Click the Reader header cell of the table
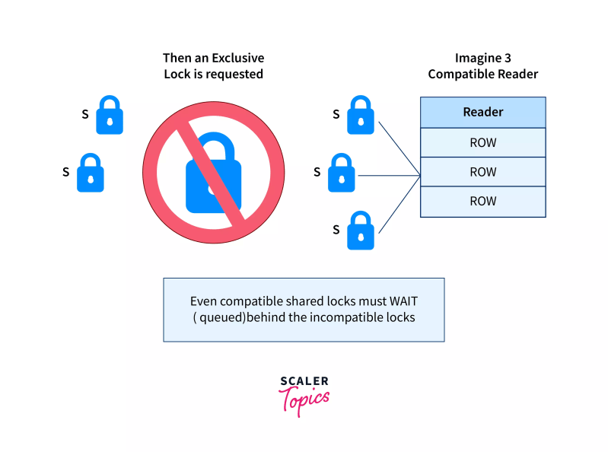(x=482, y=112)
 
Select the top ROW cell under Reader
(x=482, y=142)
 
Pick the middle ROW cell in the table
(x=482, y=172)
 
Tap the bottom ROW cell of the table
(x=482, y=201)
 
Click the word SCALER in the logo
(x=304, y=381)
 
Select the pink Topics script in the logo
(x=304, y=399)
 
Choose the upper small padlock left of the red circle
(x=110, y=115)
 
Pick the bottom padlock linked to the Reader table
(x=361, y=231)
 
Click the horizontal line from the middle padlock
(x=388, y=176)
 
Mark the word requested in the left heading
(x=226, y=74)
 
